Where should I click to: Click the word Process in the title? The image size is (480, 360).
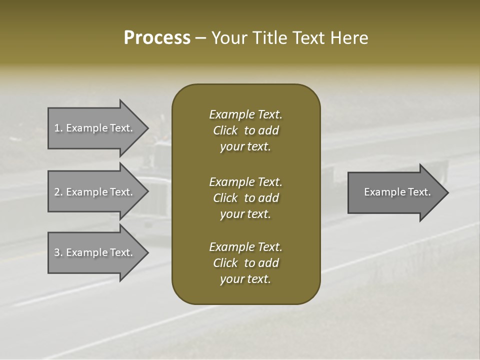tap(157, 38)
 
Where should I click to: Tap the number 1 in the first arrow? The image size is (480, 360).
tap(57, 128)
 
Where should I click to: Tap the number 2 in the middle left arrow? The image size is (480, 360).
tap(57, 192)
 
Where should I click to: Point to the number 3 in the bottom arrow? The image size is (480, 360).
tap(57, 252)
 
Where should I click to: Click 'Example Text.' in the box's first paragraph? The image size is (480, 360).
tap(245, 114)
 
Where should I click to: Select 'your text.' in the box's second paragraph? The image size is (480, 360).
tap(245, 214)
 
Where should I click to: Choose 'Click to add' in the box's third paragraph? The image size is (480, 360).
tap(245, 263)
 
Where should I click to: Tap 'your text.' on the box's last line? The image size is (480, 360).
tap(245, 279)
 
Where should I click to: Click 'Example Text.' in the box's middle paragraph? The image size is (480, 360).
tap(245, 182)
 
